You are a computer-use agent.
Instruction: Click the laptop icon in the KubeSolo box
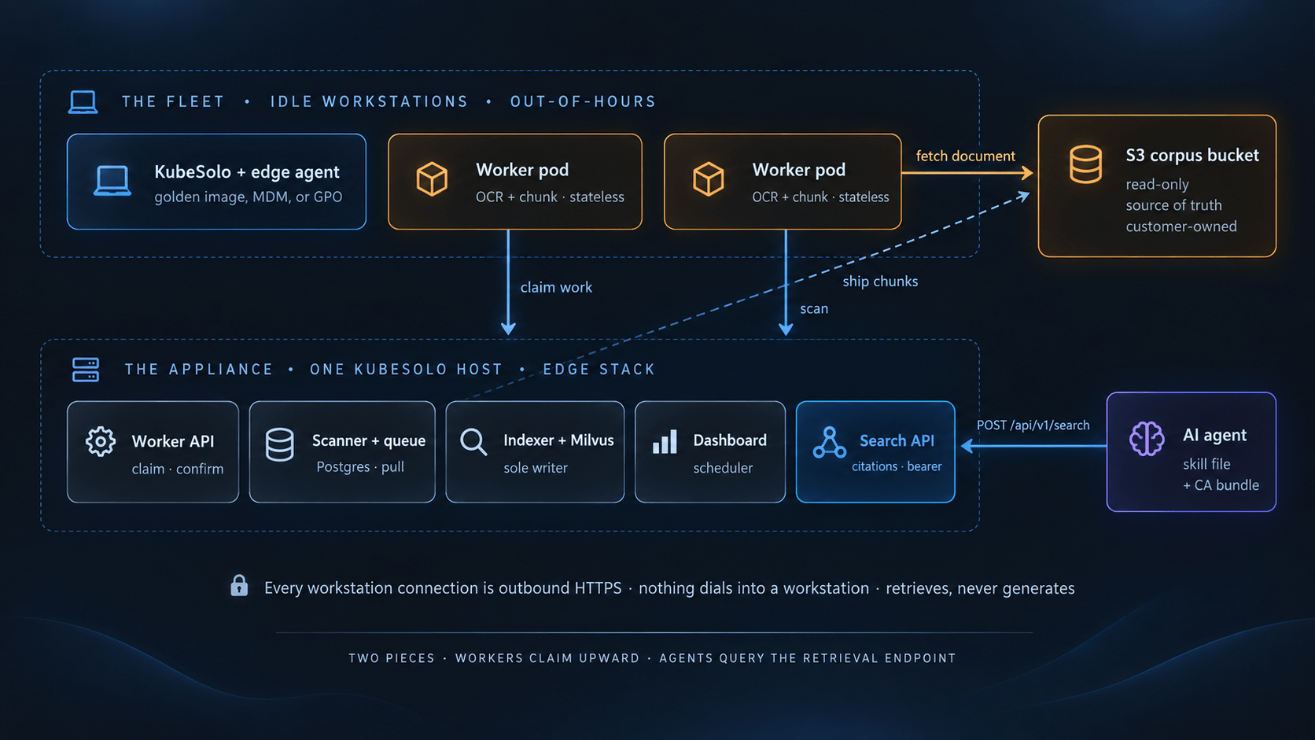(112, 181)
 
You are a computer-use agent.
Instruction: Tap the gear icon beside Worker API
(101, 441)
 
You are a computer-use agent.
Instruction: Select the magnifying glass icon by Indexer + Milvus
(473, 442)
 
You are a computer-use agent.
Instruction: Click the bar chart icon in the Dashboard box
(665, 441)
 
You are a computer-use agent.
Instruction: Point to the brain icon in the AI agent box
(1147, 438)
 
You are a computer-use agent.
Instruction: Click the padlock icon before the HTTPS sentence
(239, 586)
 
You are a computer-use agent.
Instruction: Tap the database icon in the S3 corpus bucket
(1085, 164)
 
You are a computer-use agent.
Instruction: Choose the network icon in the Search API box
(830, 443)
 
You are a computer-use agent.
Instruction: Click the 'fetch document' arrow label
(965, 156)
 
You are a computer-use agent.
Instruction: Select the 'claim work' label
(556, 288)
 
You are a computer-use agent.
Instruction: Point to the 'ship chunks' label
(880, 282)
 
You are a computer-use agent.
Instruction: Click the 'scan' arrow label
(814, 309)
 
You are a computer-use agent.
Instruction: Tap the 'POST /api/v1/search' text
(1033, 425)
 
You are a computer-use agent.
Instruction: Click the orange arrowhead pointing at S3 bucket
(1027, 172)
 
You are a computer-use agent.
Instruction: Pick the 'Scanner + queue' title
(369, 440)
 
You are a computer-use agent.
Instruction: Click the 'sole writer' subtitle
(536, 468)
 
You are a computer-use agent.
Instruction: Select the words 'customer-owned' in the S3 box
(1181, 226)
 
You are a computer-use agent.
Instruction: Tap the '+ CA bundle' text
(1221, 485)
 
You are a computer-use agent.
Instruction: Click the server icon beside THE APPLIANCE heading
(86, 370)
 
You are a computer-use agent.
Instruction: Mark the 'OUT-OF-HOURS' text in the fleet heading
(583, 101)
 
